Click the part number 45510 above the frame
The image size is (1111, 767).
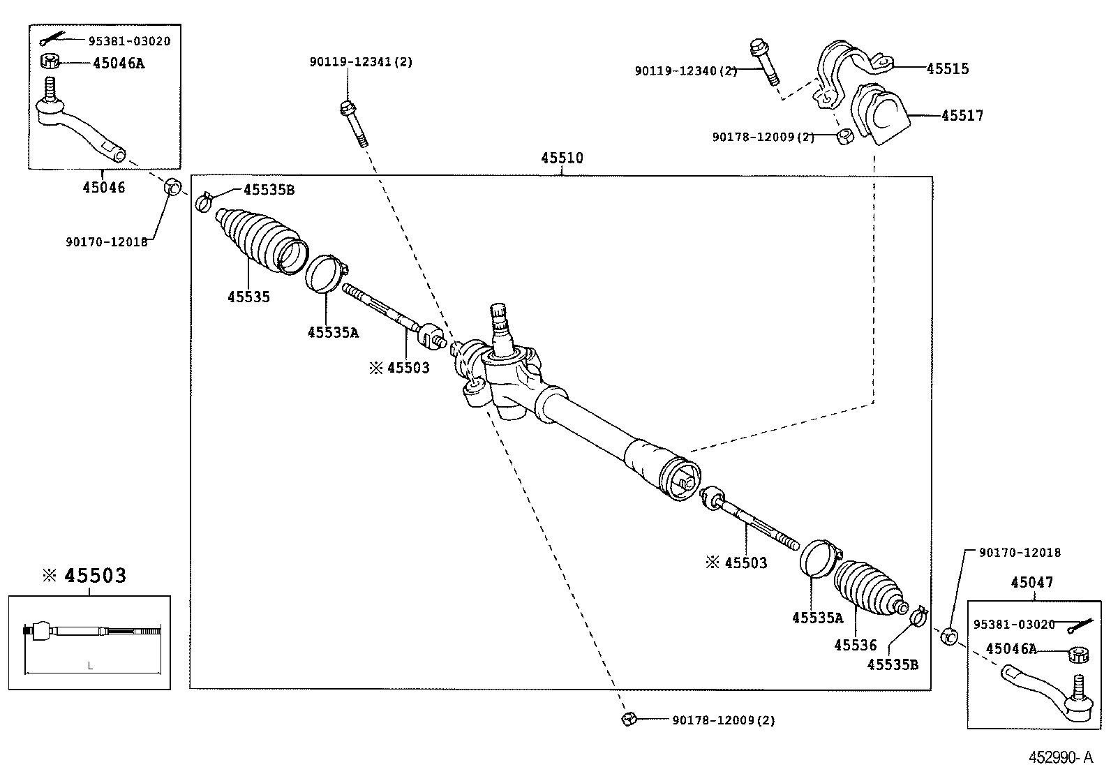click(562, 158)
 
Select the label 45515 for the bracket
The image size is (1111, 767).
click(948, 68)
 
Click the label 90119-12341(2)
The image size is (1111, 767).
click(361, 62)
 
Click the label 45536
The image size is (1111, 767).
click(855, 646)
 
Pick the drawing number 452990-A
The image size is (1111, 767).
click(1065, 757)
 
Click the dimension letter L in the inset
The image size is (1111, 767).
click(90, 666)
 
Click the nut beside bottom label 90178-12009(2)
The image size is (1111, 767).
click(627, 719)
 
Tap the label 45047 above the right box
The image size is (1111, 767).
click(1032, 582)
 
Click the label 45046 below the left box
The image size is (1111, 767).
click(104, 187)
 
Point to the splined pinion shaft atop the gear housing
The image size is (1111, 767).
click(500, 324)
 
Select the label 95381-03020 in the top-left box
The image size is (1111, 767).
click(129, 41)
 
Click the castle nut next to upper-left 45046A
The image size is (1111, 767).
click(50, 61)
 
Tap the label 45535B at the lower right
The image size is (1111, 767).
click(893, 664)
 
